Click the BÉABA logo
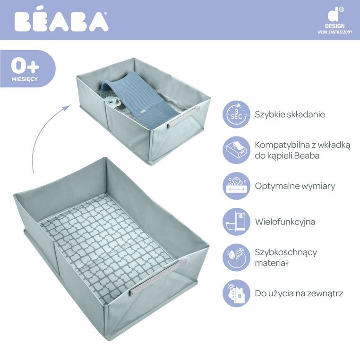pyautogui.click(x=61, y=21)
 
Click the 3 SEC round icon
pyautogui.click(x=236, y=114)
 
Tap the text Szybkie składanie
pyautogui.click(x=290, y=114)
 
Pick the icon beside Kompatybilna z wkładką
pyautogui.click(x=236, y=150)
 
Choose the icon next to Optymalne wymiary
pyautogui.click(x=236, y=186)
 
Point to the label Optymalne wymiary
pyautogui.click(x=295, y=186)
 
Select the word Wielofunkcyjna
pyautogui.click(x=285, y=222)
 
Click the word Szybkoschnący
pyautogui.click(x=286, y=252)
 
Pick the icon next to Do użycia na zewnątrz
pyautogui.click(x=236, y=293)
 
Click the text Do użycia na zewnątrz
pyautogui.click(x=299, y=293)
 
